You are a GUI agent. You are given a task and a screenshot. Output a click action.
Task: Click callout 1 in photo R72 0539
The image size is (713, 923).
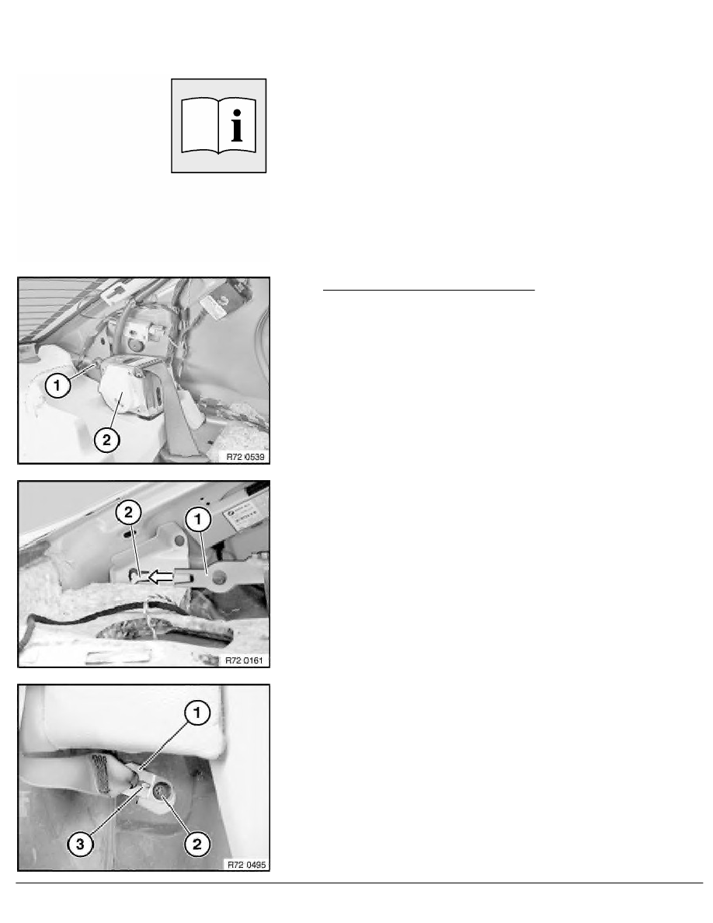click(57, 385)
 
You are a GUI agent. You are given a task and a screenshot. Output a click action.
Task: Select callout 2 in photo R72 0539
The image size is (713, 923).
click(106, 440)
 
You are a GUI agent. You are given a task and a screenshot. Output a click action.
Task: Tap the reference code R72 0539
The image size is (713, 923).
click(245, 457)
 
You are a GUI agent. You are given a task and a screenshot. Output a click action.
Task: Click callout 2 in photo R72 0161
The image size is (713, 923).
click(129, 512)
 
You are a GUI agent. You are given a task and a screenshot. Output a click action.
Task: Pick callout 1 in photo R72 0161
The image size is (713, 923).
click(197, 518)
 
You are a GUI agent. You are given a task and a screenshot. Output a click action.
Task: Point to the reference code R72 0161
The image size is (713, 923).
click(244, 660)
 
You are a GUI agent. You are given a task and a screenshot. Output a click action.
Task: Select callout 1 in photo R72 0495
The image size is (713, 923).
click(197, 712)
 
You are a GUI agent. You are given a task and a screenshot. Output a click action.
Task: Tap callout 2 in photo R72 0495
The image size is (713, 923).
click(197, 844)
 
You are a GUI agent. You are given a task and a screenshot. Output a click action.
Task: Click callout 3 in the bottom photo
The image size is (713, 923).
click(80, 844)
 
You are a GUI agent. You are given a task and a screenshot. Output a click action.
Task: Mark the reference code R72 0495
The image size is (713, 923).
click(246, 865)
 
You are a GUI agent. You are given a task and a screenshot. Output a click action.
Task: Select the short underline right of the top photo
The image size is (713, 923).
click(429, 290)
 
